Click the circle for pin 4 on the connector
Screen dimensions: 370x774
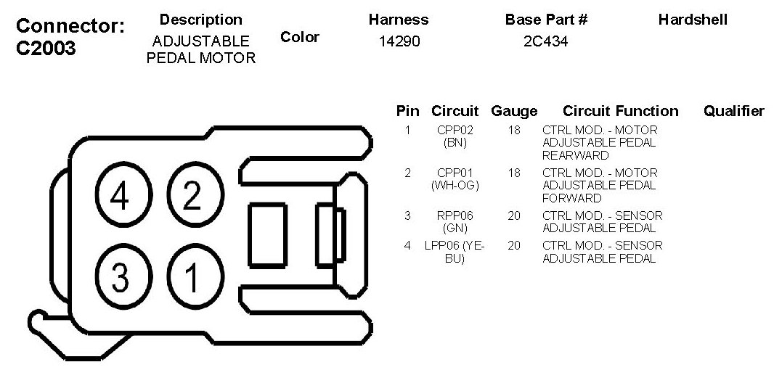click(x=119, y=195)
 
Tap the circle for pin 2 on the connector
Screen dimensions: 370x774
click(x=192, y=195)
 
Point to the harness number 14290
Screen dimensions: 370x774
click(x=399, y=42)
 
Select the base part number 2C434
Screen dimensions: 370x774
click(x=546, y=42)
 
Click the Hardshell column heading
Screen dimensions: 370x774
click(x=693, y=20)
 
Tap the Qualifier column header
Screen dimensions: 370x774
click(x=733, y=111)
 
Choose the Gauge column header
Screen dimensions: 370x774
click(x=514, y=111)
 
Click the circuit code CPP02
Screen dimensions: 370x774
click(x=455, y=131)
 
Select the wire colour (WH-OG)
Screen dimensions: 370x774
click(x=455, y=185)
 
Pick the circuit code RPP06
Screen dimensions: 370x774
click(x=455, y=215)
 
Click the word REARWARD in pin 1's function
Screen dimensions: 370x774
click(x=575, y=155)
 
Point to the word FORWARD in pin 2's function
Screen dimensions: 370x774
click(x=572, y=198)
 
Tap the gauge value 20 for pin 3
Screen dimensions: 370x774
click(x=514, y=215)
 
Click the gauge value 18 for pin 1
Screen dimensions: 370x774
click(x=514, y=131)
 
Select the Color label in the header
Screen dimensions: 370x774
click(x=299, y=37)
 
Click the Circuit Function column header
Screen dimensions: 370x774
click(x=620, y=111)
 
